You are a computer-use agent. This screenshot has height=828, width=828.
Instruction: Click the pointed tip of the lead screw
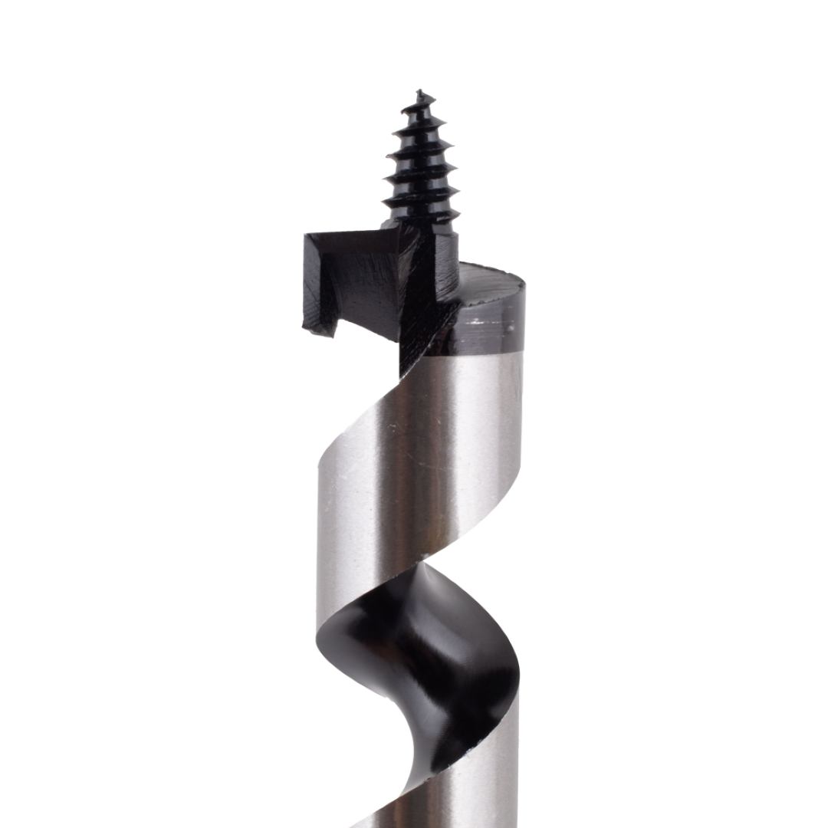coord(419,92)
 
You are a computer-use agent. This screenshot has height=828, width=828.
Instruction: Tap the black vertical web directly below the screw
coord(418,307)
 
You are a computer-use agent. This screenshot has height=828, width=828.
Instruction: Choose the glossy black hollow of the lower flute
coord(414,675)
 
